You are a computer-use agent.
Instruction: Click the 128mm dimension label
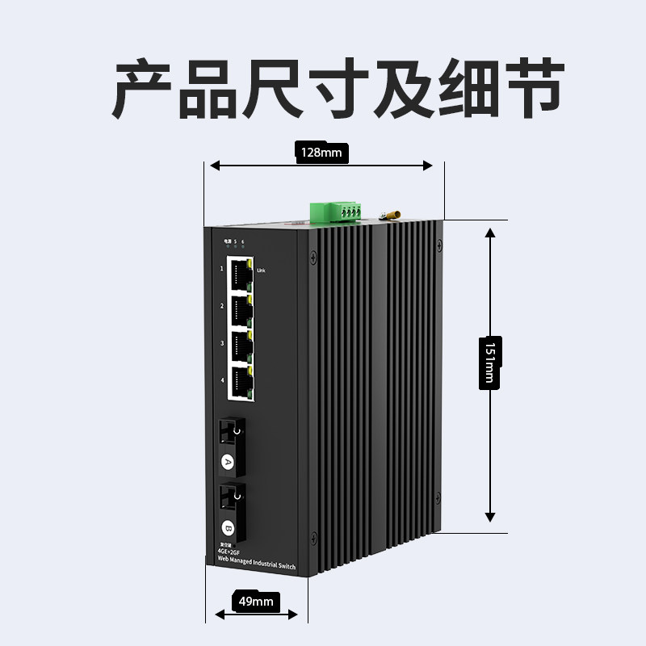(x=321, y=152)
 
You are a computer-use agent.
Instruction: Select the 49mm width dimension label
(x=257, y=601)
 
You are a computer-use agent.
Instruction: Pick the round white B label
(x=228, y=530)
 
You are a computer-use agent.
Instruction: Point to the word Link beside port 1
(x=260, y=271)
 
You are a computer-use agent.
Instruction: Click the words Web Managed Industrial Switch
(x=251, y=567)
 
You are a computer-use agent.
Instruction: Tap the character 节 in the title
(x=529, y=88)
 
